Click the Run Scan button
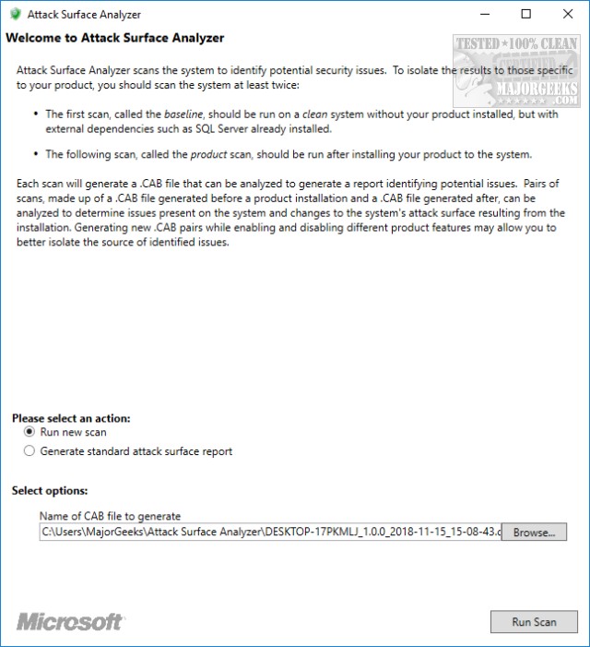[x=534, y=621]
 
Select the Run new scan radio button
[x=29, y=431]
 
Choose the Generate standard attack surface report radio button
[x=29, y=451]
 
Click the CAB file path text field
[x=270, y=533]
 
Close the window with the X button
[x=569, y=14]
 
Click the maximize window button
[x=526, y=14]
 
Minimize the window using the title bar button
[x=484, y=14]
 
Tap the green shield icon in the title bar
[x=14, y=15]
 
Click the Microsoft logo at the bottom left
[x=70, y=621]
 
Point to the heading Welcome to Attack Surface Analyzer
[x=115, y=39]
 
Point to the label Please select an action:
[x=71, y=417]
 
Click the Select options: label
[x=50, y=491]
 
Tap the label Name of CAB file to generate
[x=110, y=516]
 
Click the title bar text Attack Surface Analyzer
[x=84, y=15]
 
